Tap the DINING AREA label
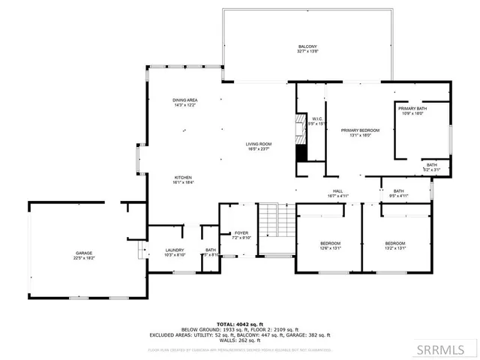coord(184,100)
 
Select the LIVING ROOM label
coord(259,144)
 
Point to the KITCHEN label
coord(184,177)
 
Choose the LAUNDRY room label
coord(174,250)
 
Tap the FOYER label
coord(241,233)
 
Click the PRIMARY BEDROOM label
coord(360,130)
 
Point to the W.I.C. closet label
coord(317,118)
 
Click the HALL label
coord(337,191)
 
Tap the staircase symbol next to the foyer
coord(274,220)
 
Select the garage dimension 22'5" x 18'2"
coord(83,258)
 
